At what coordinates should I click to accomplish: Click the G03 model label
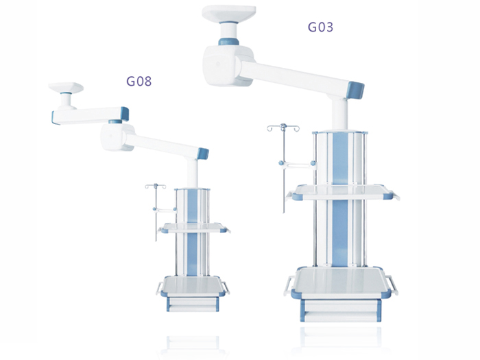coord(320,27)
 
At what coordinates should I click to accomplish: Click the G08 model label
coord(139,81)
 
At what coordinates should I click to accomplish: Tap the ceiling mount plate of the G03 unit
coord(228,14)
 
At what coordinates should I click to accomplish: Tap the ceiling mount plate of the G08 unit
coord(66,87)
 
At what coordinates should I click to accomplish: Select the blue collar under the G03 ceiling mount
coord(228,42)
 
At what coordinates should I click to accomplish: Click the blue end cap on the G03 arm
coord(355,90)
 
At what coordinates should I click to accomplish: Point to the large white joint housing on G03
coord(228,66)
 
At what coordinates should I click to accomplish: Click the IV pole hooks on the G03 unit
coord(283,128)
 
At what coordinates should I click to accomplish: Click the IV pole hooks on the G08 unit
coord(156,187)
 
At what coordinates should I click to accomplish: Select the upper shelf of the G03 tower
coord(343,192)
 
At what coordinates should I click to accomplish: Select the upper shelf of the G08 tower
coord(194,228)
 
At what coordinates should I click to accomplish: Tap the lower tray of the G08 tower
coord(193,286)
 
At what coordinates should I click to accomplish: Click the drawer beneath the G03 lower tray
coord(341,311)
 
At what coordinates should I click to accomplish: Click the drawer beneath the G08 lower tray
coord(193,304)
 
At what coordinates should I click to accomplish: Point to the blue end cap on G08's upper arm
coord(125,114)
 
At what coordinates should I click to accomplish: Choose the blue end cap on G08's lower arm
coord(203,154)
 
